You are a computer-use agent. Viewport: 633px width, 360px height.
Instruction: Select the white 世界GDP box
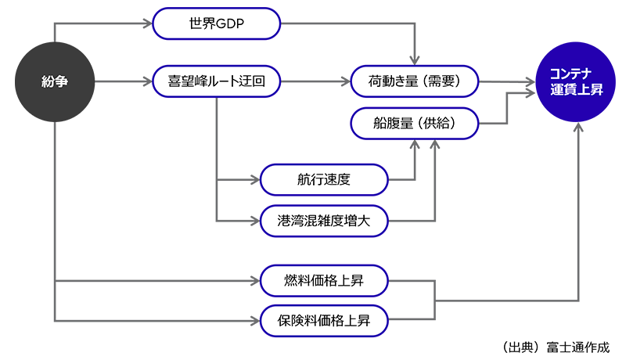pos(217,23)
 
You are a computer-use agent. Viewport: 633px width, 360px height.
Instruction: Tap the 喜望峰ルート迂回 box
pos(217,81)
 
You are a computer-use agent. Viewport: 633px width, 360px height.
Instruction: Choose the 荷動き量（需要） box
pos(415,81)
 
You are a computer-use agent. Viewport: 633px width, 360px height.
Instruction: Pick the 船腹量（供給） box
pos(415,123)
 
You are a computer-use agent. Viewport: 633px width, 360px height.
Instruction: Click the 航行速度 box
pos(324,179)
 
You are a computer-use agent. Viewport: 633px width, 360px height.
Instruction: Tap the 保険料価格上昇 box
pos(324,319)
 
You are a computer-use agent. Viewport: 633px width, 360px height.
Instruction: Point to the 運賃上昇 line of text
pos(576,90)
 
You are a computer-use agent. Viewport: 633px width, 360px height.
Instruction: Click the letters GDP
pos(229,23)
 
